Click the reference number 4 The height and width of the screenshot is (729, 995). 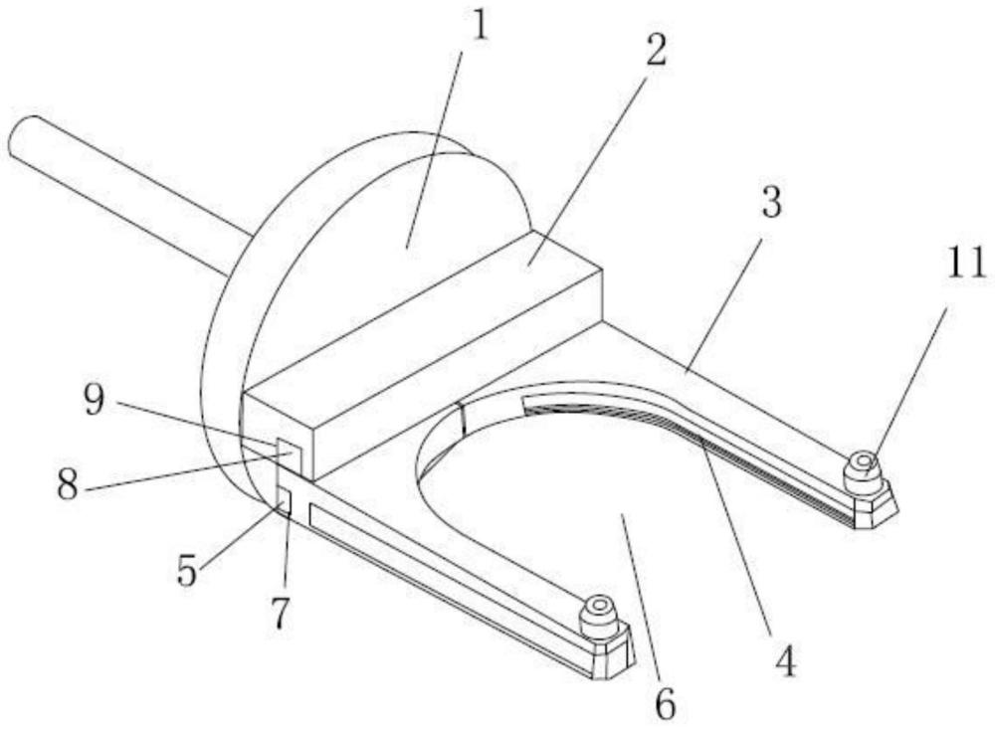point(786,661)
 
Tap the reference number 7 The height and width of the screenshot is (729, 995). point(280,614)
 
